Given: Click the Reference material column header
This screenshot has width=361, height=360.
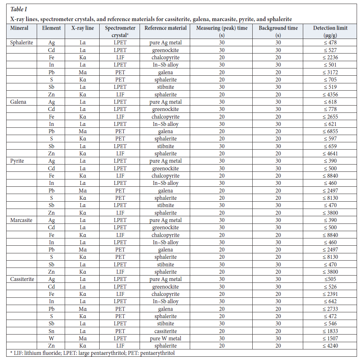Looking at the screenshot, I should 165,28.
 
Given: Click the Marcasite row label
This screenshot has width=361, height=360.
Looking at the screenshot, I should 21,220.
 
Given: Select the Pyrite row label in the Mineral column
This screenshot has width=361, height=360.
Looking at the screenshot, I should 17,161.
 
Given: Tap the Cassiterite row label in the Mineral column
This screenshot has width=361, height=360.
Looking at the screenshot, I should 23,279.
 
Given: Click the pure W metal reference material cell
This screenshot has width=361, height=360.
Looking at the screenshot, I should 165,339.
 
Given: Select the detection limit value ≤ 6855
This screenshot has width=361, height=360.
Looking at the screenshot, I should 330,131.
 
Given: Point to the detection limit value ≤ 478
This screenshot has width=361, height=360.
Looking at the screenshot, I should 330,43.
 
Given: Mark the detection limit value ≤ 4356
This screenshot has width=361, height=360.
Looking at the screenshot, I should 330,94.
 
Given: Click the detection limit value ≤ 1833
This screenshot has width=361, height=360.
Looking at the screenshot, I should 330,331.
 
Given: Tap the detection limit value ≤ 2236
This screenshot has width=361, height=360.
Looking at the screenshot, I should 330,58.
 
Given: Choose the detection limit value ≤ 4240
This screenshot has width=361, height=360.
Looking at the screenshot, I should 330,346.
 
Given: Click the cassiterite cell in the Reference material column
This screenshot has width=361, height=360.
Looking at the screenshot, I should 165,331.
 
